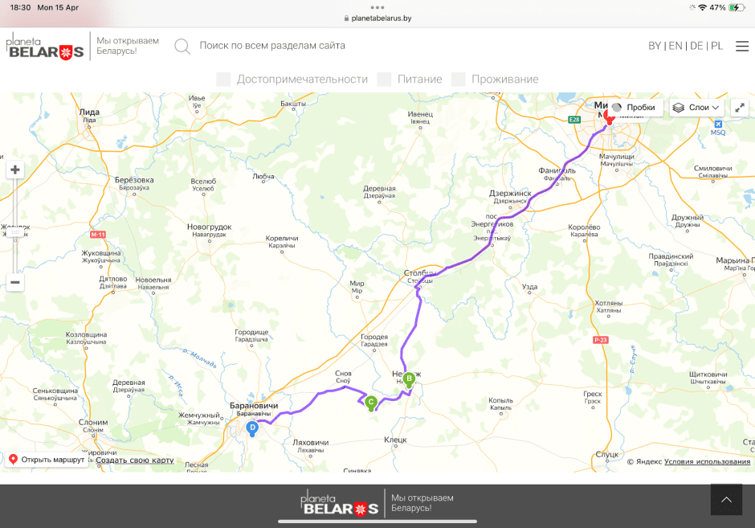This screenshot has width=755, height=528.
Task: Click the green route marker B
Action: coord(409,379)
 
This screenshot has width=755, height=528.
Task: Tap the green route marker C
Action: coord(371,402)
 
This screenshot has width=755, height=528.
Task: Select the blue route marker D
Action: coord(252,428)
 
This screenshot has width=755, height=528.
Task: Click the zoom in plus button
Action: coord(15,170)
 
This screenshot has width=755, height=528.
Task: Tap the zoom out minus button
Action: coord(15,282)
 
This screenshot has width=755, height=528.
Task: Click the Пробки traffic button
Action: coord(634,107)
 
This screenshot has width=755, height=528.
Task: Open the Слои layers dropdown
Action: coord(696,107)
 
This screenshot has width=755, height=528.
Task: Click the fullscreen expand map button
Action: coord(740,107)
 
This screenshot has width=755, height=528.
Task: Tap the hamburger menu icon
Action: coord(741,46)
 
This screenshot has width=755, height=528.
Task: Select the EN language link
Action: coord(675,46)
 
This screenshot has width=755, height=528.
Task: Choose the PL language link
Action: coord(716,46)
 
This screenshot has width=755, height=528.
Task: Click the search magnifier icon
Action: coord(182,46)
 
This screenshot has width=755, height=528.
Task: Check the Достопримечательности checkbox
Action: coord(224,79)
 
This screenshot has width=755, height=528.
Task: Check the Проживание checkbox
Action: coord(459,79)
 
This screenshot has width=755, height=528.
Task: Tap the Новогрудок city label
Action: coord(209,227)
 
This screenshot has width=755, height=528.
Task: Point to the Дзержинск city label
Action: coord(510,194)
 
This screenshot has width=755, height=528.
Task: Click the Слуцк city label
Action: coord(607,454)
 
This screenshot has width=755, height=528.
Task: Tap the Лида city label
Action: coord(89,112)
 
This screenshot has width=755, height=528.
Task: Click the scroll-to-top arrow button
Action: coord(726,499)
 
